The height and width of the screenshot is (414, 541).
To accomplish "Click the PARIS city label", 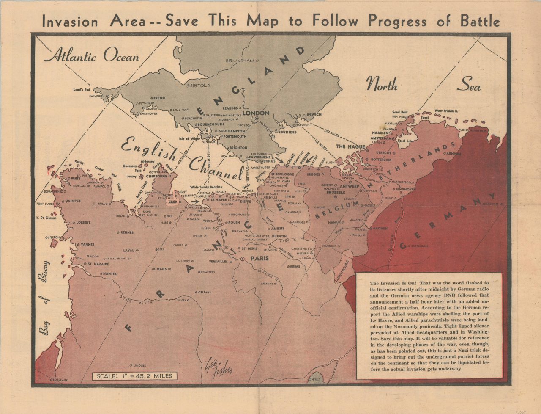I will (x=260, y=258).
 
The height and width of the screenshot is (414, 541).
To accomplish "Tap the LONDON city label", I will (x=255, y=113).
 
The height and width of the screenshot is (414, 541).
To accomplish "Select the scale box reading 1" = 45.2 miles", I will (x=135, y=376).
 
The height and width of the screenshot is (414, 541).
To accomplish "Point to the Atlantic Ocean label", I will (x=92, y=56).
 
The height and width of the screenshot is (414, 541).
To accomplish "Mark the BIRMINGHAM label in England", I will (x=240, y=61).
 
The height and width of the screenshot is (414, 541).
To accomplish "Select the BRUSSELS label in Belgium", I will (x=336, y=193).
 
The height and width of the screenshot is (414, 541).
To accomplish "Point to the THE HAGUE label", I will (x=350, y=146).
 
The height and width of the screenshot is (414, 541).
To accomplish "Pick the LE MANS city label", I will (x=158, y=269).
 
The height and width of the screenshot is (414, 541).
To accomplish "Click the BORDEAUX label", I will (x=59, y=380).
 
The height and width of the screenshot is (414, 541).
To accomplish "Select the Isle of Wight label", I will (x=189, y=138).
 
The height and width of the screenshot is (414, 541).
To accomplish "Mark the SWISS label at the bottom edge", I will (x=315, y=380).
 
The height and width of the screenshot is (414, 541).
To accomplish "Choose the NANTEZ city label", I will (x=109, y=273).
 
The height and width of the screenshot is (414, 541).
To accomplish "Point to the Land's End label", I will (x=83, y=90).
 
